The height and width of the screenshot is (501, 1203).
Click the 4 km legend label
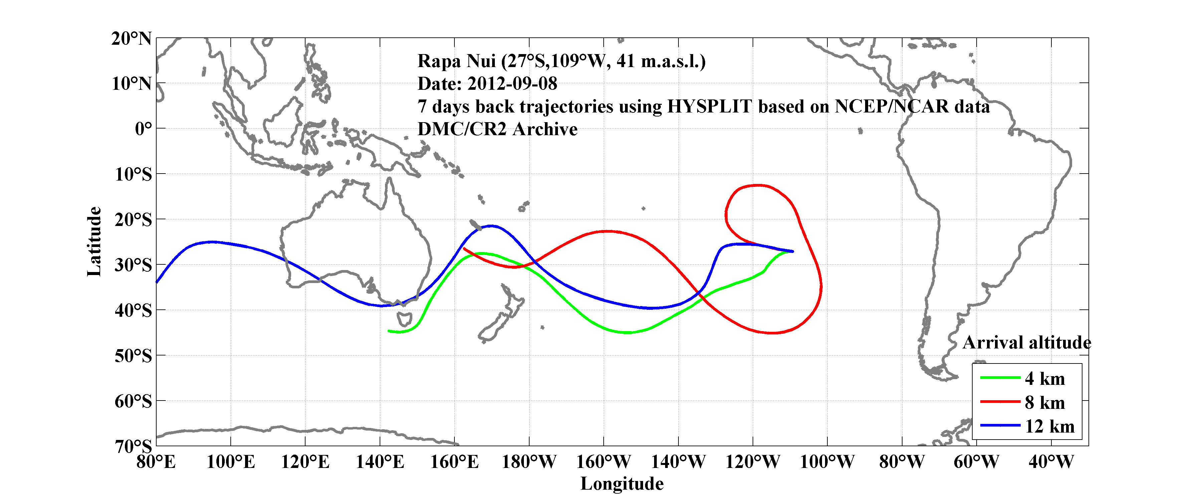[x=1045, y=379]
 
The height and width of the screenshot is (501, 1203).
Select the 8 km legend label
[x=1045, y=403]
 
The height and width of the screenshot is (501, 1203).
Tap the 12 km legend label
[x=1049, y=426]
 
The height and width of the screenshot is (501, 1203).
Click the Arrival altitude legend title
[x=1026, y=343]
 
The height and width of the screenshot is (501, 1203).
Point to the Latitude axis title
[x=94, y=241]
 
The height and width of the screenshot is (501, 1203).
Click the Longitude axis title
[x=622, y=484]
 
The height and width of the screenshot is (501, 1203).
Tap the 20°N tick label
[x=131, y=38]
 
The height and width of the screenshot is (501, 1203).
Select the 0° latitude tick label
[x=143, y=129]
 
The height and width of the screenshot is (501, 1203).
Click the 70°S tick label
[x=133, y=446]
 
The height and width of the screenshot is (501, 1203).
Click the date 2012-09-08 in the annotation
[x=512, y=83]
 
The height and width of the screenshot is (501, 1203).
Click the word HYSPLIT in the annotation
[x=709, y=106]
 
